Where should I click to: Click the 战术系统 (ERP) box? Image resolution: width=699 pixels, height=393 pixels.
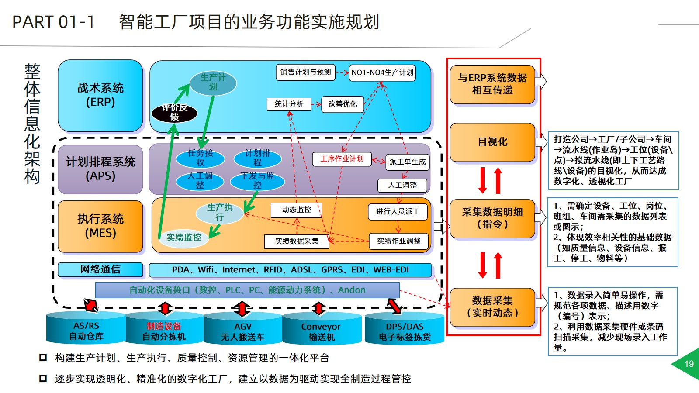(100, 95)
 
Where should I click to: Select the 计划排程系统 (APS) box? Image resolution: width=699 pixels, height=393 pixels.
(100, 169)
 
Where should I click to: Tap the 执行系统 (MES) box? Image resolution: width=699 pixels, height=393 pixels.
(100, 226)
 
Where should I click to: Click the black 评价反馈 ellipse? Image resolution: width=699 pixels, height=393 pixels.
(174, 113)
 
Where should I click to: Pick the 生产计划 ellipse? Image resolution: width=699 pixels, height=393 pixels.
(213, 83)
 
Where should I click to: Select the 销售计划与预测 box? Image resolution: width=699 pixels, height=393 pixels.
(305, 72)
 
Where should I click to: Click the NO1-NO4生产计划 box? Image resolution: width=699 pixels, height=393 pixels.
(382, 72)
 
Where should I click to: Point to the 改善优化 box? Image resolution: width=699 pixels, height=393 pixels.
(343, 104)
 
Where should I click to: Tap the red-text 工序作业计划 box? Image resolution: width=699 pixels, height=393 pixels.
(342, 159)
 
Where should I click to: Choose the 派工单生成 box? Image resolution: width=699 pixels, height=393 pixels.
(407, 162)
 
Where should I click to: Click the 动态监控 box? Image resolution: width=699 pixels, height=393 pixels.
(296, 210)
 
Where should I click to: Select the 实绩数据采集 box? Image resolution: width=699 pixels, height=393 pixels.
(297, 241)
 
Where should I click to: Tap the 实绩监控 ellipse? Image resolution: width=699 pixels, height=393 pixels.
(183, 238)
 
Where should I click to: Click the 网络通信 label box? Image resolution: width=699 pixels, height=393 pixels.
(100, 269)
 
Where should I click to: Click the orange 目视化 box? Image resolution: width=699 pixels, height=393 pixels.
(492, 142)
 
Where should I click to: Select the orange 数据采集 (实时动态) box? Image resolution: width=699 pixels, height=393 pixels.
(492, 307)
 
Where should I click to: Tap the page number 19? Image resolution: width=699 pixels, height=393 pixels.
(689, 364)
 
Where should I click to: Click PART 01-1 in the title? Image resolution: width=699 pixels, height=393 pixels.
(53, 22)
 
